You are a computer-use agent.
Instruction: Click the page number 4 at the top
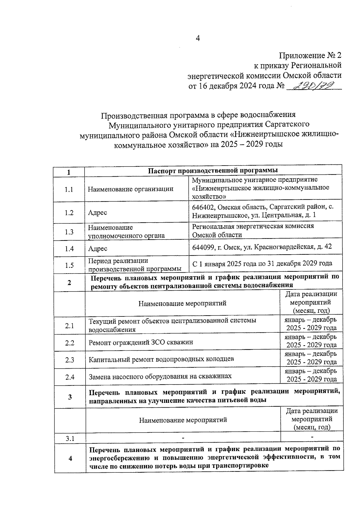click(197, 38)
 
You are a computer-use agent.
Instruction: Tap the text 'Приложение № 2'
click(310, 55)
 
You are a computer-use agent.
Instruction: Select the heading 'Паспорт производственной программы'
click(213, 170)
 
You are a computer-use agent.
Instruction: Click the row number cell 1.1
click(69, 190)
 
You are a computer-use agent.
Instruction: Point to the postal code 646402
click(203, 207)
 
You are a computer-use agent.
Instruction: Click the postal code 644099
click(203, 247)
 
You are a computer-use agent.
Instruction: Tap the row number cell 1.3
click(69, 232)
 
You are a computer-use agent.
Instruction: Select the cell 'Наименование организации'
click(130, 189)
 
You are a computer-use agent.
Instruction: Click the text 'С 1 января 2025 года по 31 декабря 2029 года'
click(262, 263)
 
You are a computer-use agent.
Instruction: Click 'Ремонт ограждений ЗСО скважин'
click(141, 342)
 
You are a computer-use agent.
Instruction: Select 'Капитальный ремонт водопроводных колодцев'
click(161, 359)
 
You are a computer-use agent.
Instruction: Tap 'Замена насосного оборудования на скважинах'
click(160, 376)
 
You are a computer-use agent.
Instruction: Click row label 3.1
click(70, 439)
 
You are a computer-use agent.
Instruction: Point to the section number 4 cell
click(70, 458)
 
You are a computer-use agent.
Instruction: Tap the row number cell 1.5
click(69, 265)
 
